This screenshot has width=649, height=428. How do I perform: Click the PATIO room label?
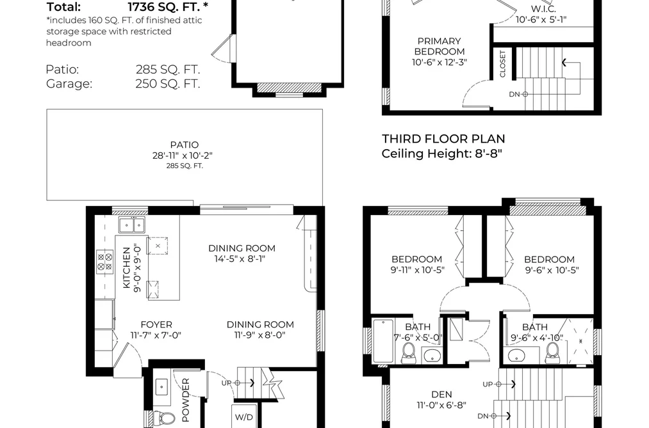[x=184, y=145]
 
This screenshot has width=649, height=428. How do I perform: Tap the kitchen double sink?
[x=132, y=225]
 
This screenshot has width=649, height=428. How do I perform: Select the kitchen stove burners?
[x=104, y=262]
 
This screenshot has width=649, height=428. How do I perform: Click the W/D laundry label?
[x=244, y=417]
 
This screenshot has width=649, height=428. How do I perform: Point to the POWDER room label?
[x=185, y=399]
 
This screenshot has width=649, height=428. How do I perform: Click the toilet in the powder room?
[x=163, y=418]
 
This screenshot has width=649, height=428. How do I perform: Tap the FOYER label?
[x=156, y=325]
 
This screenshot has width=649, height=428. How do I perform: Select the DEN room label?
[x=441, y=395]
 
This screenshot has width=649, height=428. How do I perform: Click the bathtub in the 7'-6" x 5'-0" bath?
[x=383, y=341]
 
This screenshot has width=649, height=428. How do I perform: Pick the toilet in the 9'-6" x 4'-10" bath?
[x=552, y=353]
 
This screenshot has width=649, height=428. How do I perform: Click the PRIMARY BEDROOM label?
[x=439, y=46]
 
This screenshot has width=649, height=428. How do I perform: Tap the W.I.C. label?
[x=543, y=9]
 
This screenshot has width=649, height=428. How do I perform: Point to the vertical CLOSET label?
[x=502, y=63]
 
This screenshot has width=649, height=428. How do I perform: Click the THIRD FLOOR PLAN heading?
[x=443, y=139]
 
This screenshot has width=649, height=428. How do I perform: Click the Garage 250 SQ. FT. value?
[x=168, y=83]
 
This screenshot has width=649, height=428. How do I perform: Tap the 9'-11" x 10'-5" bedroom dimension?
[x=417, y=270]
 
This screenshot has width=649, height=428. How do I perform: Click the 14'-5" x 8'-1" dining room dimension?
[x=240, y=259]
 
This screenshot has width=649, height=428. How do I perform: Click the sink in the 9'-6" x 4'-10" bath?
[x=516, y=355]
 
